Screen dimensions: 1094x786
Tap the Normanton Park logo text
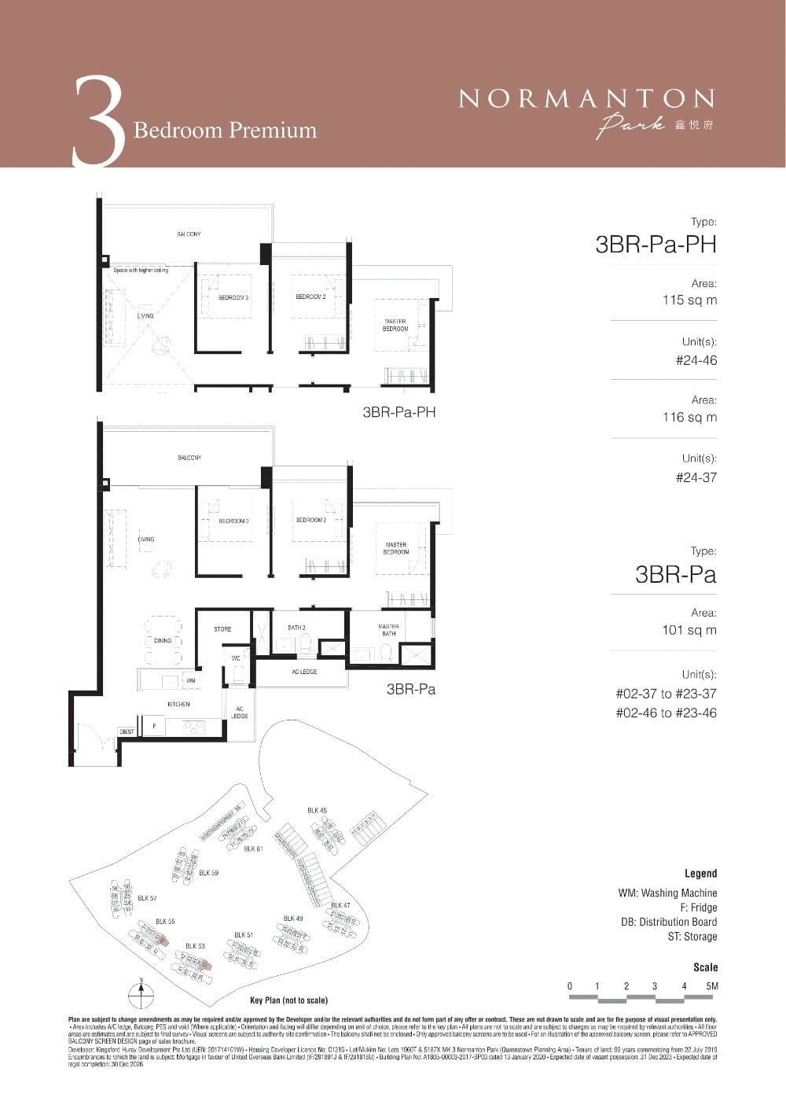point(586,99)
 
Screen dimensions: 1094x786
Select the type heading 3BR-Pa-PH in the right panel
point(656,245)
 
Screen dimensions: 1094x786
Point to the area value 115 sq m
point(689,300)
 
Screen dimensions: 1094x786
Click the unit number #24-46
point(696,360)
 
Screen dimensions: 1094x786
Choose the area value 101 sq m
point(689,630)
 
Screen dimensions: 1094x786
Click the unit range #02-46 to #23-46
point(666,713)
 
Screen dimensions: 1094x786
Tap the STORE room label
point(222,629)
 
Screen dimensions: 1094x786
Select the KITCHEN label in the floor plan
point(178,704)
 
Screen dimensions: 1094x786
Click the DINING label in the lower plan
point(163,640)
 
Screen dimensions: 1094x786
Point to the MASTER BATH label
point(388,630)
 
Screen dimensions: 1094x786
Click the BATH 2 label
point(296,628)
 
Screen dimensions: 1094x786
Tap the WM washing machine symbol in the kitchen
point(191,680)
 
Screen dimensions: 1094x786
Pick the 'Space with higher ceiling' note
point(141,271)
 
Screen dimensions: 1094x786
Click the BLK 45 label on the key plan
point(317,810)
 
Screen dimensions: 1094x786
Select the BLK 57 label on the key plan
point(147,897)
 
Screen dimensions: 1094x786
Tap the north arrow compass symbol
point(141,993)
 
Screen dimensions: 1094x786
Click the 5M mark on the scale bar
point(712,986)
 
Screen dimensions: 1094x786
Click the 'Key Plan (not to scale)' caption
point(288,1000)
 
